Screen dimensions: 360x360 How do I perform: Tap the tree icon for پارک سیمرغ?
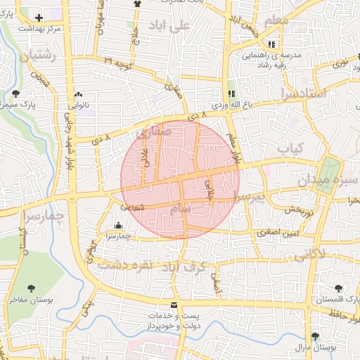click(x=15, y=94)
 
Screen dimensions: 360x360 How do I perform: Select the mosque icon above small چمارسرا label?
click(x=117, y=226)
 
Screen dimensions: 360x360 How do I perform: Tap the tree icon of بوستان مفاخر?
click(x=31, y=288)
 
